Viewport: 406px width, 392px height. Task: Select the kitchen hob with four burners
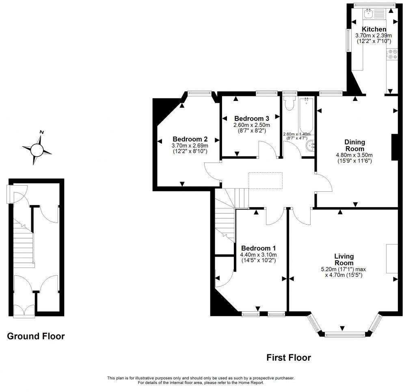[x=392, y=54]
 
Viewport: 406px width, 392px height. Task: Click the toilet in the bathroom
[x=289, y=104]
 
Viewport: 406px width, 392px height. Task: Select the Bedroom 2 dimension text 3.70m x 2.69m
[x=190, y=146]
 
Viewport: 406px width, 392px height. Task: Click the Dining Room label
[x=355, y=145]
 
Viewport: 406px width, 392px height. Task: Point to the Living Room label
[x=344, y=259]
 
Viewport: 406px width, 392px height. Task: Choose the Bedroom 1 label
[x=258, y=248]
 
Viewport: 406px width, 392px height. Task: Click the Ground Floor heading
[x=36, y=336]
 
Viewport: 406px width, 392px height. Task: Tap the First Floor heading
[x=288, y=358]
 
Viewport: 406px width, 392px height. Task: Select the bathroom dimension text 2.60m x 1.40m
[x=296, y=134]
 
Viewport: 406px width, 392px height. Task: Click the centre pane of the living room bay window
[x=342, y=335]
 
